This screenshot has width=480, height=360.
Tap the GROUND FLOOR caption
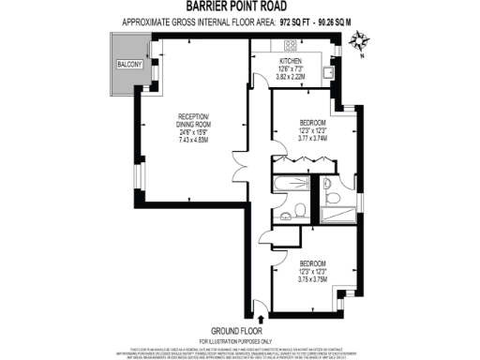pos(240,330)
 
